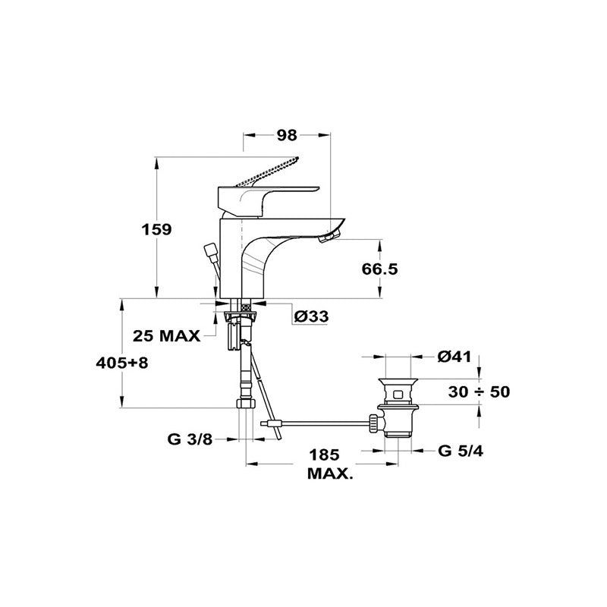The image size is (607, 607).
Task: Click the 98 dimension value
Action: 287,135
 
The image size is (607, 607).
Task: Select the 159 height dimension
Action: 156,230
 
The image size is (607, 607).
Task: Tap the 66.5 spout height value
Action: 380,269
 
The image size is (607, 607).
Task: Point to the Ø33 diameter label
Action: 311,316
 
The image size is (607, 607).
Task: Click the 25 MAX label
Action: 166,335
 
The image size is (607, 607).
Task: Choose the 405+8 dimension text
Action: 122,363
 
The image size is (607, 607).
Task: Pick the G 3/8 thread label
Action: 190,439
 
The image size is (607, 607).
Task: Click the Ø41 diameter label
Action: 454,357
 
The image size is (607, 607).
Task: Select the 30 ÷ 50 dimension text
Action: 480,392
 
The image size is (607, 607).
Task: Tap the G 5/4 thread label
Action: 461,451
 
